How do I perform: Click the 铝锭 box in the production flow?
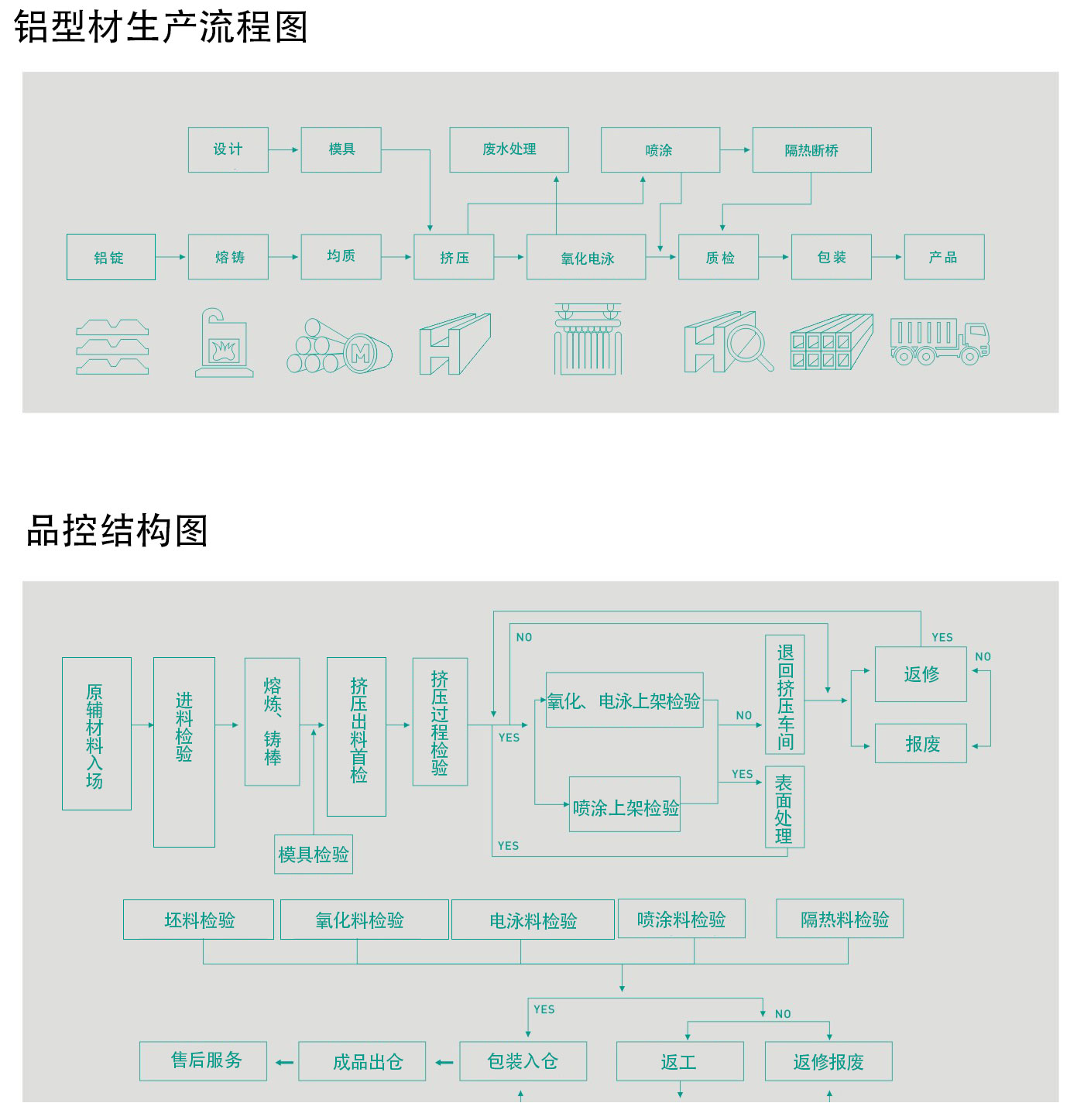tap(111, 257)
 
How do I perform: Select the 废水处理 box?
tap(509, 149)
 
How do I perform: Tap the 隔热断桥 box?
tap(811, 150)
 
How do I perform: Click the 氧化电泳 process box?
tap(586, 258)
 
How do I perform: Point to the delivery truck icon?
tap(939, 341)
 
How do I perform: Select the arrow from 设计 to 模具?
tap(284, 149)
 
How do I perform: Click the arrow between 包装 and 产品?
tap(887, 257)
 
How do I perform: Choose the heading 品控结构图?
tap(117, 531)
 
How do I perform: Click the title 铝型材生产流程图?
tap(161, 27)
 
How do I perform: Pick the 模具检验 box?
tap(314, 855)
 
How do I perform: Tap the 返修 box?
tap(921, 674)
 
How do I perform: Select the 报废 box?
tap(921, 744)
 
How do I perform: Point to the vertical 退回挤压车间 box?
tap(785, 694)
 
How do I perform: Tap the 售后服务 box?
tap(204, 1060)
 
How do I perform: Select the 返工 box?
tap(680, 1061)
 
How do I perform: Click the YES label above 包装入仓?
tap(544, 1009)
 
